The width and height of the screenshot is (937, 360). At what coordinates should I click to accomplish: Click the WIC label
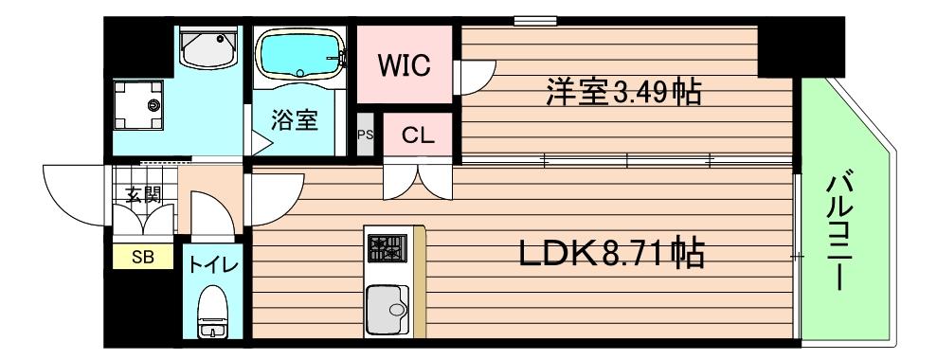pyautogui.click(x=405, y=65)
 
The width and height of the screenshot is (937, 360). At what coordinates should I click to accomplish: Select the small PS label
pyautogui.click(x=364, y=135)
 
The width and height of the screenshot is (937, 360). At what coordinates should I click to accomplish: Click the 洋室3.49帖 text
pyautogui.click(x=622, y=92)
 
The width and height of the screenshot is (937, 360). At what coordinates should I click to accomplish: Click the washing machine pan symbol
pyautogui.click(x=138, y=103)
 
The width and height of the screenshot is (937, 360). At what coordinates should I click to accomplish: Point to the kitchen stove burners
pyautogui.click(x=387, y=248)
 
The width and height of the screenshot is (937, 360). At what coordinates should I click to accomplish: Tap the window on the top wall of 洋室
pyautogui.click(x=535, y=20)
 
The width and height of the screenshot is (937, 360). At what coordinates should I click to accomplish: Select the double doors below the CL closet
pyautogui.click(x=415, y=180)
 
